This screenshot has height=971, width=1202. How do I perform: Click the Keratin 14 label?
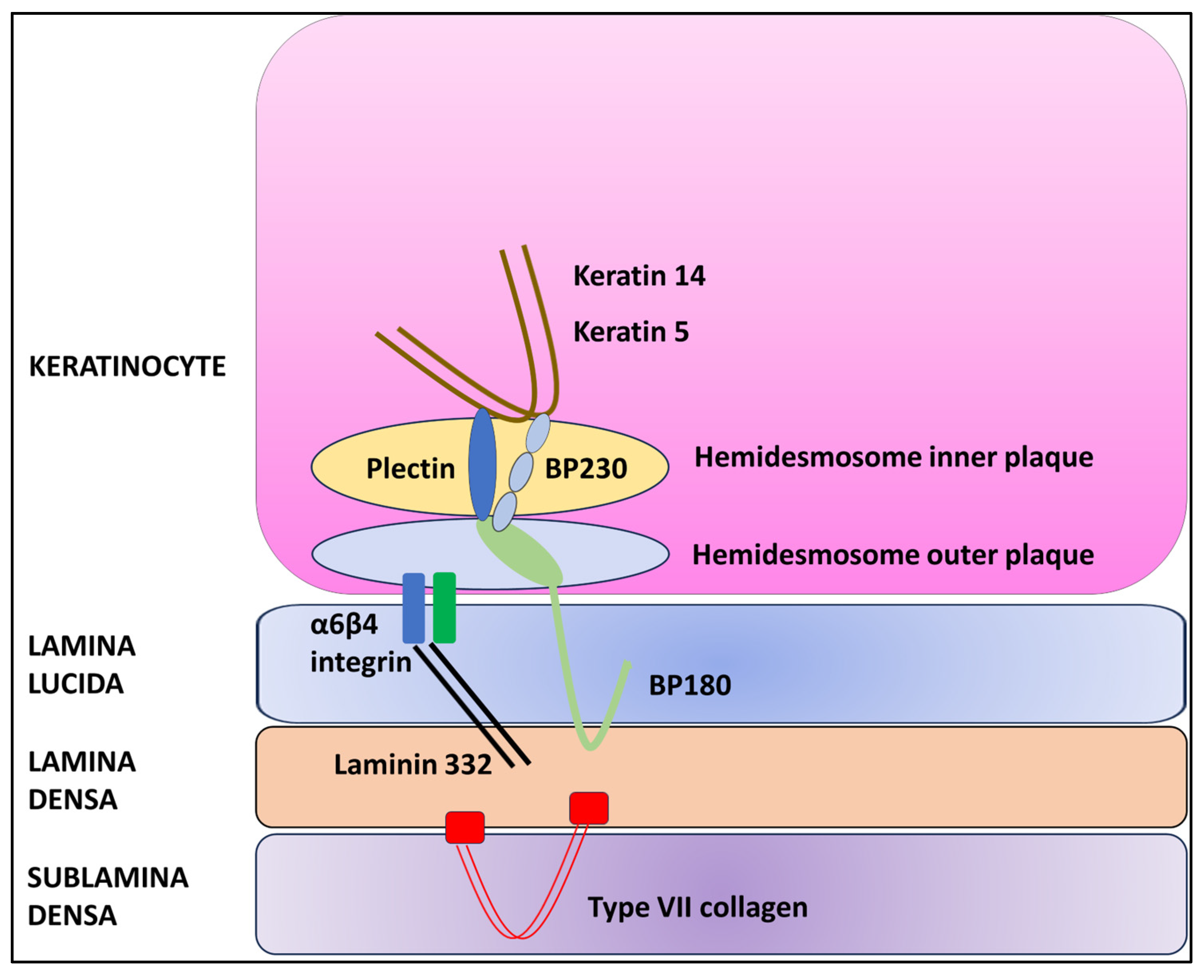(639, 276)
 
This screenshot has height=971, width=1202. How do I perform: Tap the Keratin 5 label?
(631, 332)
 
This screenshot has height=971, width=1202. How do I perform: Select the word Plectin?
(410, 468)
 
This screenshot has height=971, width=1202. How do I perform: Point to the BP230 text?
(585, 468)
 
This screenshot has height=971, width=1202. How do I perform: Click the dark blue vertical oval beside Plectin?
(482, 464)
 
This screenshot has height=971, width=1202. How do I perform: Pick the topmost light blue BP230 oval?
(538, 433)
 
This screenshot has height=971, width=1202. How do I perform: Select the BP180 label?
(689, 685)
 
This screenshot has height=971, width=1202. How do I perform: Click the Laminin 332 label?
(413, 764)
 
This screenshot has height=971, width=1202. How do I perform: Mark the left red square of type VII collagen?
(465, 827)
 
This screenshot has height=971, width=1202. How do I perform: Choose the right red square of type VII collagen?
(589, 808)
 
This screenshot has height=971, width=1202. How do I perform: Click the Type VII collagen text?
(697, 907)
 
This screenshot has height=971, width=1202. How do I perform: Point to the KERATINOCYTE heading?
(127, 367)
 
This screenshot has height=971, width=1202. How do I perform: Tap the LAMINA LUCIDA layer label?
(82, 664)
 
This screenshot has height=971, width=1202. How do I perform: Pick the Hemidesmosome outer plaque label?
(893, 555)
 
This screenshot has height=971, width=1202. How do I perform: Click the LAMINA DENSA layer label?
(82, 780)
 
